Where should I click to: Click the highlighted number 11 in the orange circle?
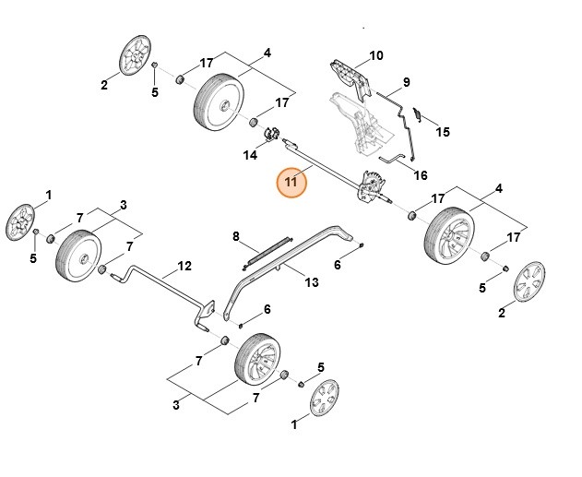click(291, 183)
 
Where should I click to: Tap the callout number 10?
click(376, 55)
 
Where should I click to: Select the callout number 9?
click(406, 82)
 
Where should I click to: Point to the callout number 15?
click(443, 132)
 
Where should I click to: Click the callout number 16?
click(421, 174)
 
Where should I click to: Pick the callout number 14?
click(250, 155)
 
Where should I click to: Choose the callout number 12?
click(184, 266)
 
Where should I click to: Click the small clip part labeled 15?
click(417, 117)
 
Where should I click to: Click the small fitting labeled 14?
click(272, 135)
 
